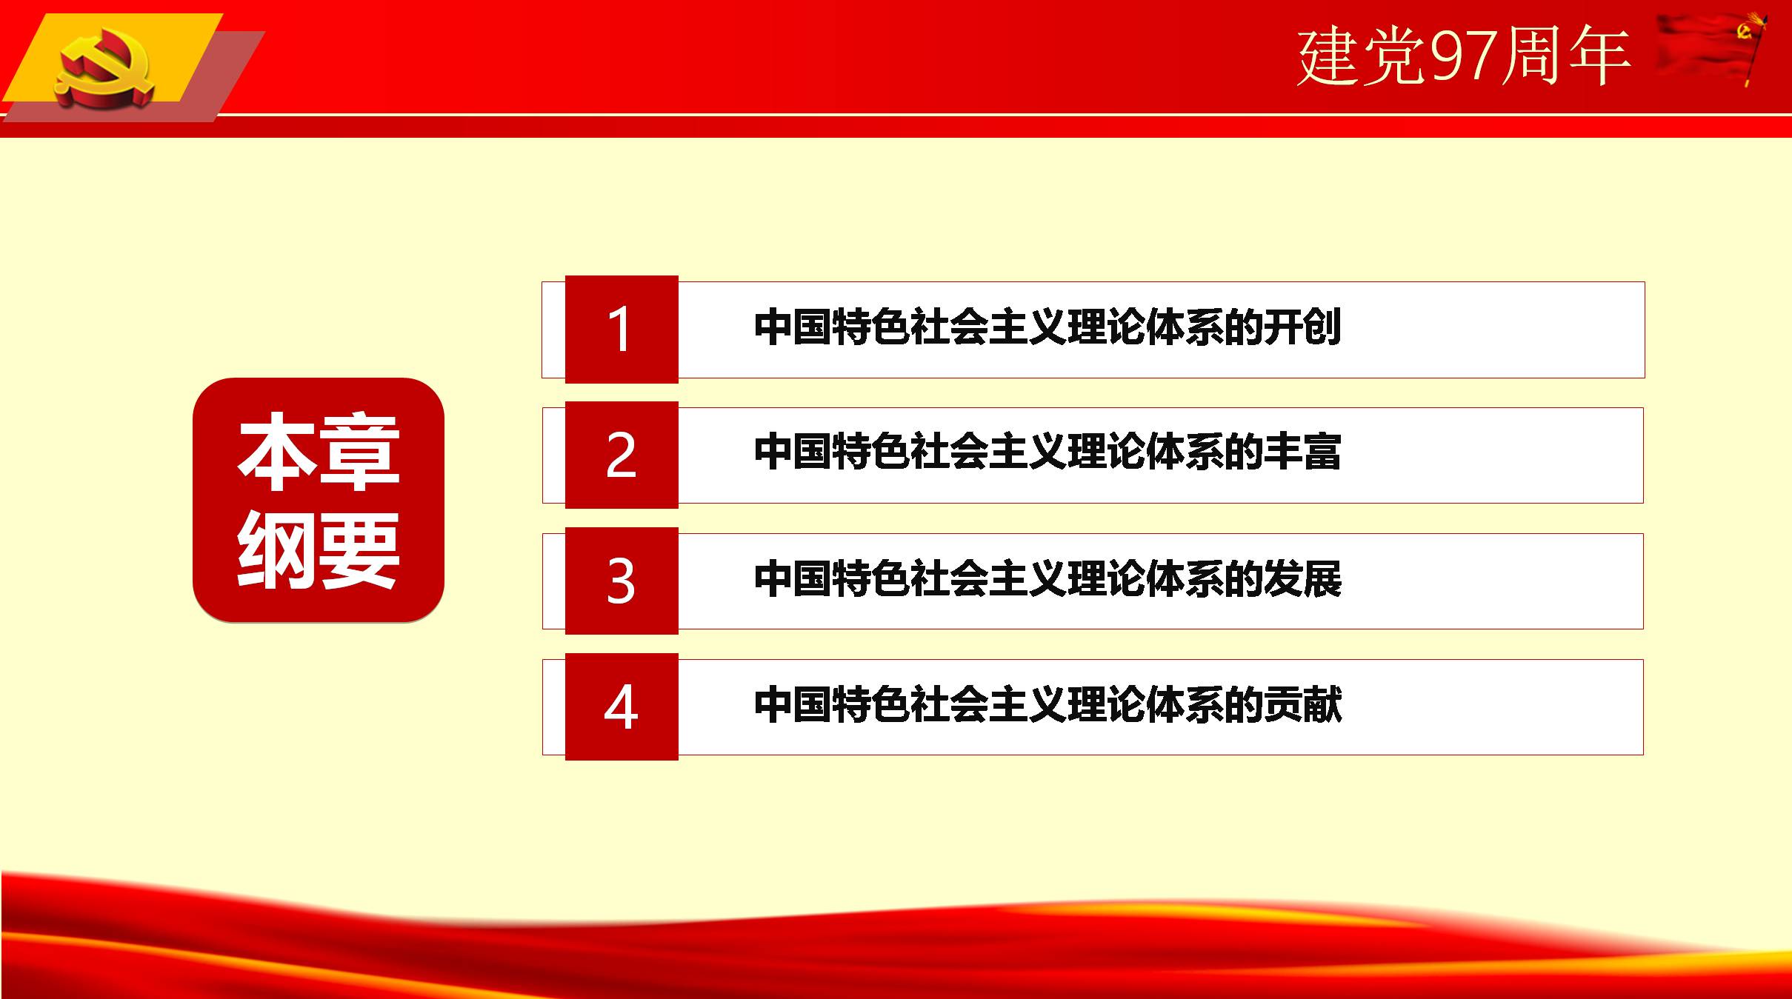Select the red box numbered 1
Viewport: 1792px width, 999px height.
(622, 329)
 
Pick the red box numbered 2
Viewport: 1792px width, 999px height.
(622, 455)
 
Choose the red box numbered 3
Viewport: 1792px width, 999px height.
(622, 581)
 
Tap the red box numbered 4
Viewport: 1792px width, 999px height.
(622, 706)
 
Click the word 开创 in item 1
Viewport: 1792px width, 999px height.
(1302, 327)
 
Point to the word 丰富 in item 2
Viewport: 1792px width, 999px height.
(1302, 452)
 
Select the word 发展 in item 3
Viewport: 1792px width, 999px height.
(1302, 578)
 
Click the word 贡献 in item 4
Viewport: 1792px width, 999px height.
(1302, 704)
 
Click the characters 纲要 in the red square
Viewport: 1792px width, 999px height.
(319, 550)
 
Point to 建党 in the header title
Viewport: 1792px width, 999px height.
(1362, 56)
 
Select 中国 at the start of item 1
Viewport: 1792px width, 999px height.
(793, 327)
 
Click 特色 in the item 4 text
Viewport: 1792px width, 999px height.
(870, 704)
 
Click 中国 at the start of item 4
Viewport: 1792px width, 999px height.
(793, 704)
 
